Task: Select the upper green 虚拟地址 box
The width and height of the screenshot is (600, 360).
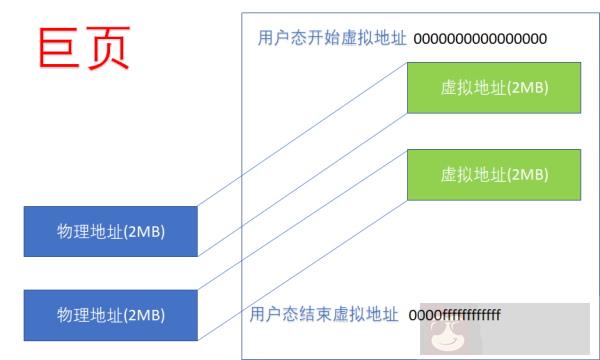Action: coord(494,87)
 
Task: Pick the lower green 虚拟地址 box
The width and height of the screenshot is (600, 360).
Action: coord(494,174)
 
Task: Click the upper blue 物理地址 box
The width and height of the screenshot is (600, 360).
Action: coord(111,231)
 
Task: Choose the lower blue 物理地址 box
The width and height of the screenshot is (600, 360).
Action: coord(111,314)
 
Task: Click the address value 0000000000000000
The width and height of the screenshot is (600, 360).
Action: coord(480,39)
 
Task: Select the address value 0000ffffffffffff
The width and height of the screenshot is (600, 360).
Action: coord(454,314)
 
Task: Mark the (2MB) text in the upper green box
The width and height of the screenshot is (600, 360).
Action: coord(527,87)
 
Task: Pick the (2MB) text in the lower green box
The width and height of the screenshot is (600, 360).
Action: coord(527,174)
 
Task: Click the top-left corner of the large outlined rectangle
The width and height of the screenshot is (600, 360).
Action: coord(241,14)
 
